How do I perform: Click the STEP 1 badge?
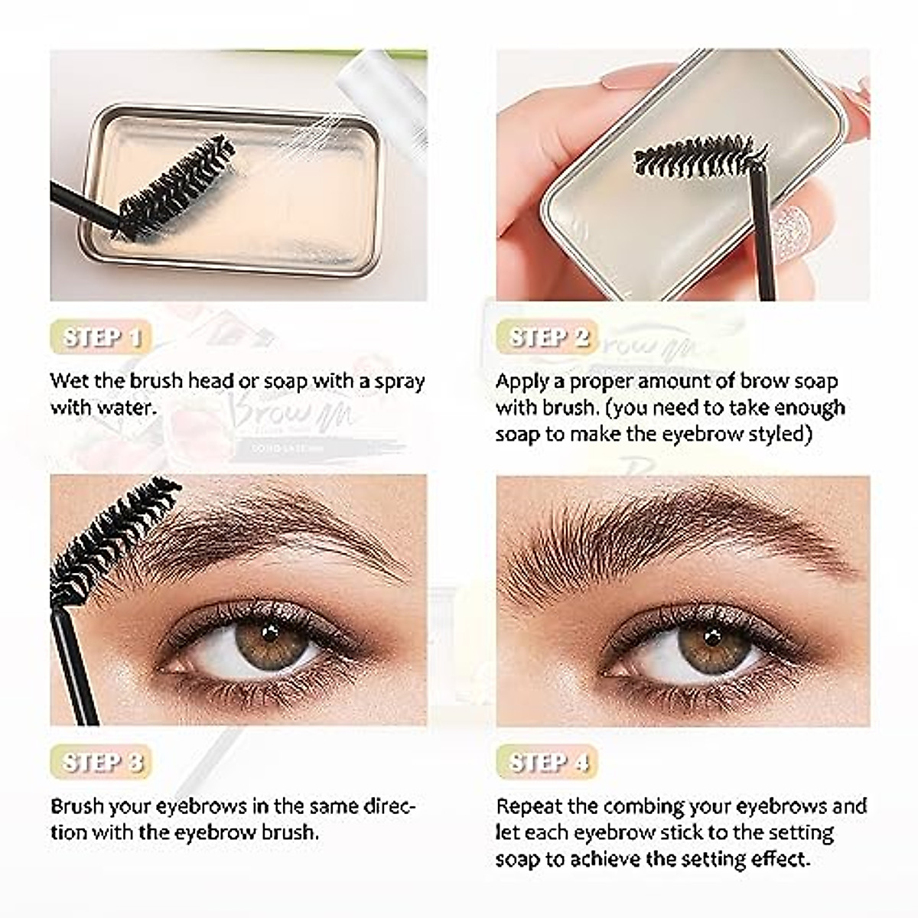click(102, 337)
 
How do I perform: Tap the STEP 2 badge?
click(549, 337)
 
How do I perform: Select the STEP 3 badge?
click(102, 762)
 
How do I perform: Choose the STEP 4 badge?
click(549, 762)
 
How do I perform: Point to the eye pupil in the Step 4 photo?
click(712, 636)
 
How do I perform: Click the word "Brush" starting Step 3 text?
click(77, 806)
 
